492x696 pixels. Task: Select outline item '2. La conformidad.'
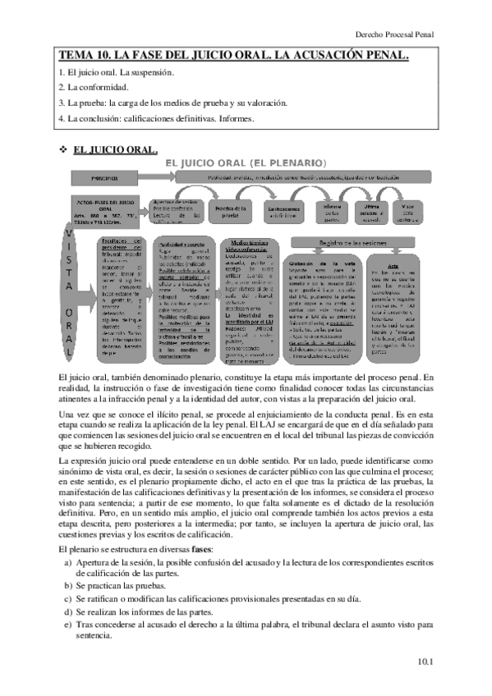(x=93, y=87)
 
